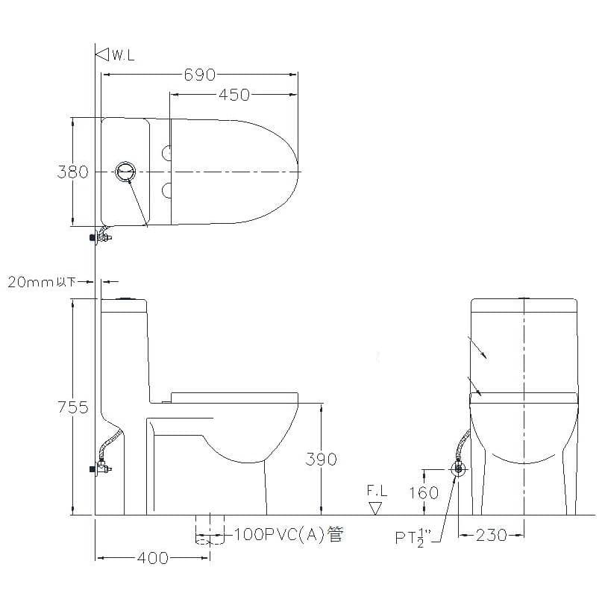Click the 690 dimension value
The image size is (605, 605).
coord(199,75)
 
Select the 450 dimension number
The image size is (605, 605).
coord(234,95)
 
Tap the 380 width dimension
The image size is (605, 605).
coord(72,172)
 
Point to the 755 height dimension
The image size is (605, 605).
coord(72,407)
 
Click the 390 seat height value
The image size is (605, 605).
coord(321,460)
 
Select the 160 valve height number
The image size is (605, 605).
coord(423,492)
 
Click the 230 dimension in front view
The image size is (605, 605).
coord(491,535)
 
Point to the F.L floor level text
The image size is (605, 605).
coord(377,491)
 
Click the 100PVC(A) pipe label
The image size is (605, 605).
coord(289,534)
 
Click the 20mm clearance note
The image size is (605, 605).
coord(40,281)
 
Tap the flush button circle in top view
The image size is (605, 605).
coord(127,172)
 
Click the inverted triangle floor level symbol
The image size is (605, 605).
coord(376,508)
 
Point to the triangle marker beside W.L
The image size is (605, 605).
coord(102,54)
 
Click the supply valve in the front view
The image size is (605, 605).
coord(458,469)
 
